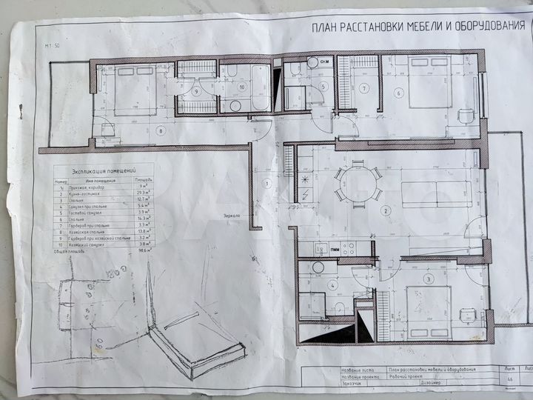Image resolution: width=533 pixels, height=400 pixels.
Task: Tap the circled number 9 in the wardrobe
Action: [196, 92]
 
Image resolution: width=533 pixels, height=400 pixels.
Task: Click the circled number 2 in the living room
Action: [385, 211]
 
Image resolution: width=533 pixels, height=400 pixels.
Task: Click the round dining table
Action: [358, 184]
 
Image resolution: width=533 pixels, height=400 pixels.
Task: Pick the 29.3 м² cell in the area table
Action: [144, 192]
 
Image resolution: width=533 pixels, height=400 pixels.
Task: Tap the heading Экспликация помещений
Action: [103, 170]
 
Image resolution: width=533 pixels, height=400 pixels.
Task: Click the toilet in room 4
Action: [338, 307]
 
